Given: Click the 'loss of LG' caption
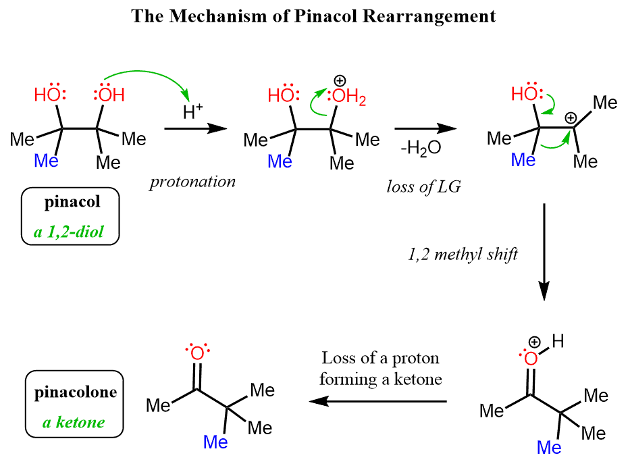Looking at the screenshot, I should (x=424, y=187).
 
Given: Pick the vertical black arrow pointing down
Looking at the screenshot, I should (x=544, y=253).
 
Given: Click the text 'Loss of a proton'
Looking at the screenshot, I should (x=381, y=357).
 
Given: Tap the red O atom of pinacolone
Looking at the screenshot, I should (x=196, y=354).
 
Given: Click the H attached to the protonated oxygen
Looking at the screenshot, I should (x=558, y=342).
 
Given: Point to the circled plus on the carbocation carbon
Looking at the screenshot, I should (x=571, y=115).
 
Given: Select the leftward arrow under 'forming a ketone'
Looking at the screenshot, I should (x=378, y=402).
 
